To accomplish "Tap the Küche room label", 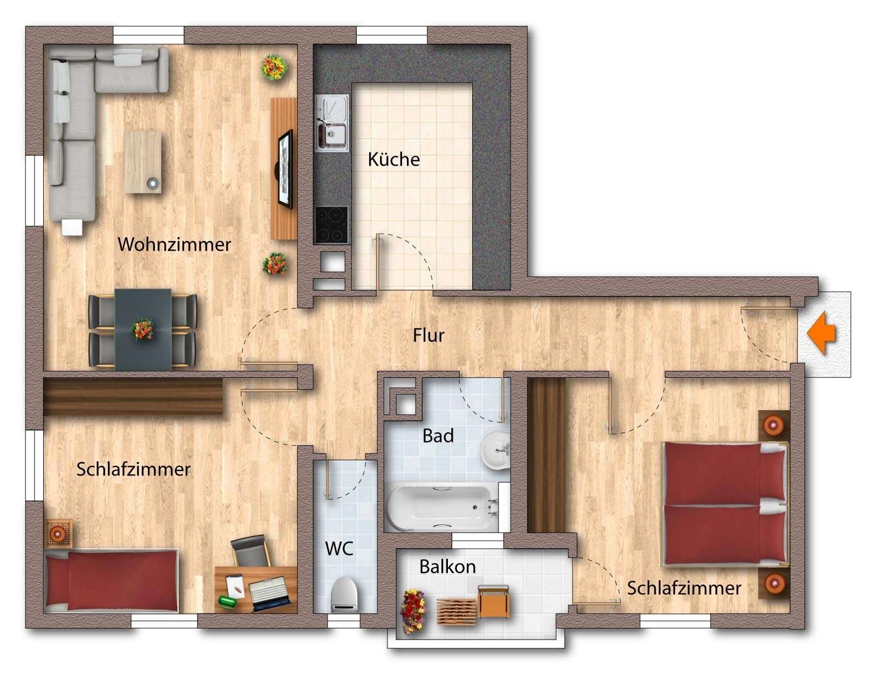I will [393, 160].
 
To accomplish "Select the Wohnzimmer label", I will [174, 244].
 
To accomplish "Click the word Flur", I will [428, 335].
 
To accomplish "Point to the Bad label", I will [438, 436].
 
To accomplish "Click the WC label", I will [339, 549].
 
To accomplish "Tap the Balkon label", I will [447, 567].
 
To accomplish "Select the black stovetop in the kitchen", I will [330, 224].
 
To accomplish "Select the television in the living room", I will [285, 168].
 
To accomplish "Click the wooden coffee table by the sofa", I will [143, 162].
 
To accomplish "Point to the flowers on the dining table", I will [142, 328].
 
